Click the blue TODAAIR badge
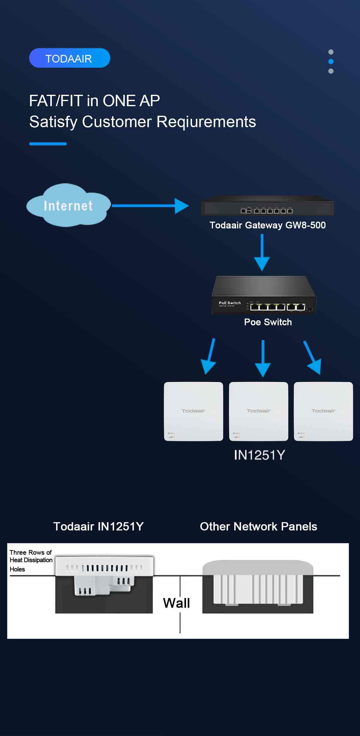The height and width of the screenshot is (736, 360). click(70, 58)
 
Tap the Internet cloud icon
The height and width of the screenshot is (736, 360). click(68, 205)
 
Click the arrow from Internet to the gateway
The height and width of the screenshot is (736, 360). click(150, 206)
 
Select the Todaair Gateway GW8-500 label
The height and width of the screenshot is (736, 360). click(267, 225)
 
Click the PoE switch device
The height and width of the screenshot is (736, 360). click(263, 295)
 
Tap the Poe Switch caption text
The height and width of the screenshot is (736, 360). click(268, 322)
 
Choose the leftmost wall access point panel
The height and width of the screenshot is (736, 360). click(193, 411)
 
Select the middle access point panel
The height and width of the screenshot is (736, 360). click(258, 411)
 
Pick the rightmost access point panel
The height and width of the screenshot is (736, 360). click(323, 411)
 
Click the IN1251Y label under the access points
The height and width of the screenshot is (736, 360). click(259, 455)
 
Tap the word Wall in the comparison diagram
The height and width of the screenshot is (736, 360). click(176, 603)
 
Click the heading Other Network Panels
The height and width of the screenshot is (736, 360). click(258, 526)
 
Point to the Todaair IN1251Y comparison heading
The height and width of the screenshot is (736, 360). click(98, 526)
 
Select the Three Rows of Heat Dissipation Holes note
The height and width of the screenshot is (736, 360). click(31, 560)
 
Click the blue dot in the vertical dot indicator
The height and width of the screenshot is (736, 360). click(331, 61)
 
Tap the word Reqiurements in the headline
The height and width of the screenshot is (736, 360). click(206, 122)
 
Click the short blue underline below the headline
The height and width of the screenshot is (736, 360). click(48, 144)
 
